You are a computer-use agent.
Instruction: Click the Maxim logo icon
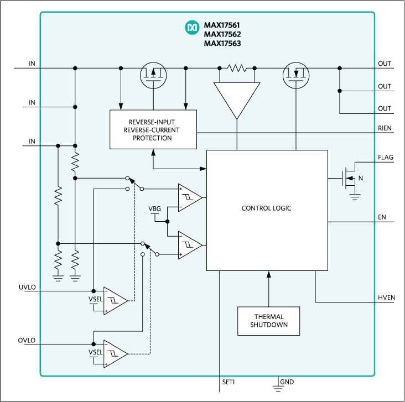(192, 26)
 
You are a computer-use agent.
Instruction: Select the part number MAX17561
(222, 25)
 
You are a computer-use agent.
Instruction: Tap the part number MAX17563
(222, 43)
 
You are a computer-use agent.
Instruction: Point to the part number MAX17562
(222, 34)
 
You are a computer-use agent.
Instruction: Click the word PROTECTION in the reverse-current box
(152, 138)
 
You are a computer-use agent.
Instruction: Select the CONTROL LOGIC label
(266, 208)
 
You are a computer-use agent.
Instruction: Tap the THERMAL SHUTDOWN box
(269, 321)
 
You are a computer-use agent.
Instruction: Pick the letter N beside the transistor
(361, 177)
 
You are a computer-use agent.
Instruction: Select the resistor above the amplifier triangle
(237, 68)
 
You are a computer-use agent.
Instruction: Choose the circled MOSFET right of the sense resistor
(297, 75)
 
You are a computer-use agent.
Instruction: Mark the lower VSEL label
(96, 352)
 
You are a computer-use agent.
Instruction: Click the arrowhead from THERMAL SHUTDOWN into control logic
(269, 274)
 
